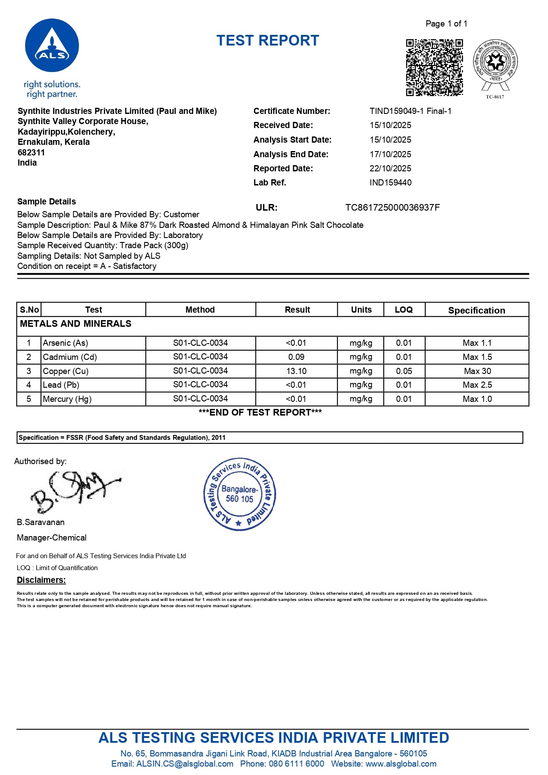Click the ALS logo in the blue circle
coord(52,45)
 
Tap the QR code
coord(434,67)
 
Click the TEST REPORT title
coord(268,41)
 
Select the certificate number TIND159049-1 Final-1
coord(410,111)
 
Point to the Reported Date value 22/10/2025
coord(390,168)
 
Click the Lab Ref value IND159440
coord(390,182)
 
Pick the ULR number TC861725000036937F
coord(392,208)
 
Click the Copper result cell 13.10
coord(296,371)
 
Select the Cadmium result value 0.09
coord(296,357)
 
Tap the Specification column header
coord(476,310)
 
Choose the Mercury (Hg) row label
coord(67,399)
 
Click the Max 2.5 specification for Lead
coord(477,385)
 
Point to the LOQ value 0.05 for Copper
coord(404,371)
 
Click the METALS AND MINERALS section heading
coord(76,324)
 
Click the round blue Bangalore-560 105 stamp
coord(239,494)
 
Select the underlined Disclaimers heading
coord(41,580)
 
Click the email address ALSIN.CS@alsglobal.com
coord(185,764)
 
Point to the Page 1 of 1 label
coord(446,23)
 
